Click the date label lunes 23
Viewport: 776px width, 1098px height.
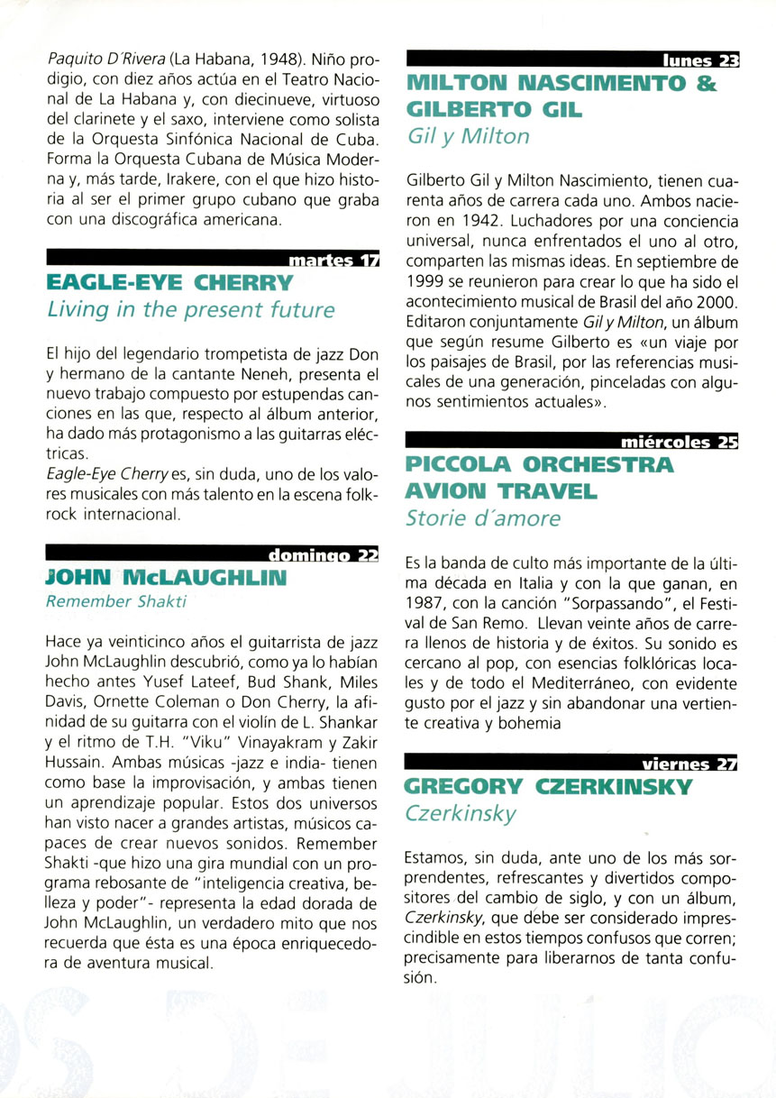click(700, 62)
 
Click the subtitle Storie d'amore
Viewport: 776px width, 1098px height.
click(484, 518)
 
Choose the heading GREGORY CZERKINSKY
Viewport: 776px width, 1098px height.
click(550, 787)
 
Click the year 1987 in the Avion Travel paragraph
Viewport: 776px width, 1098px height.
click(428, 600)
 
